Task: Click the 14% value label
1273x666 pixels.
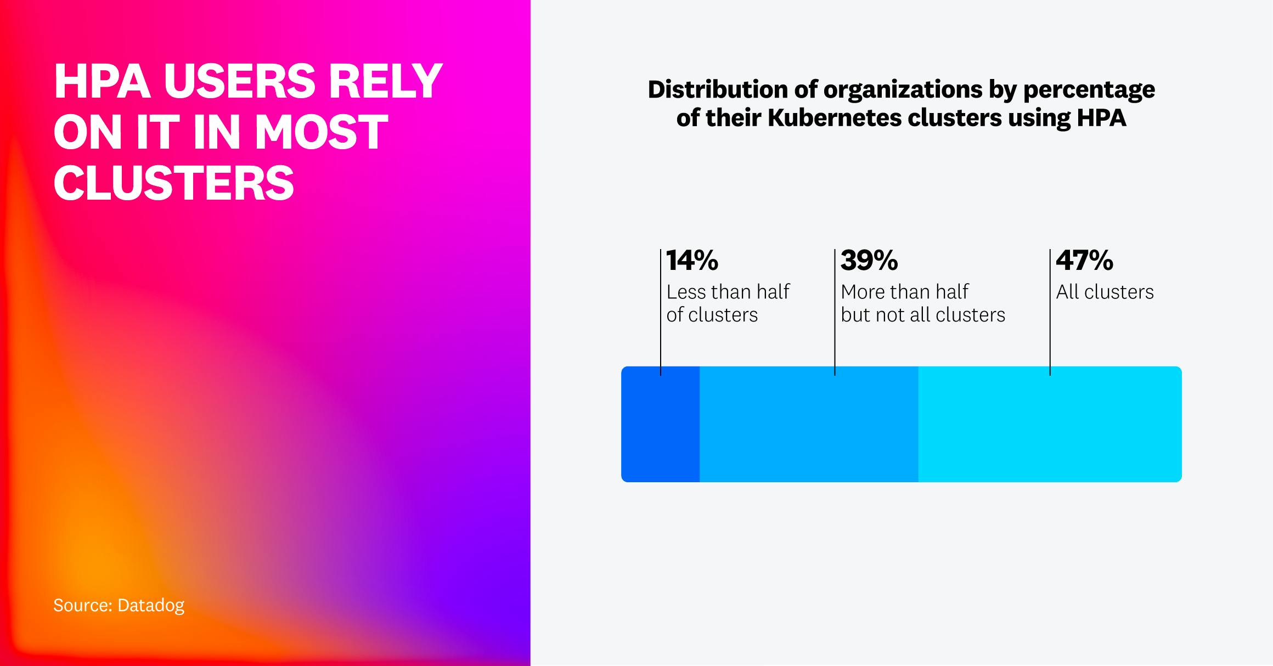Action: [x=692, y=261]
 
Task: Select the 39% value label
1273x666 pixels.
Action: [x=869, y=261]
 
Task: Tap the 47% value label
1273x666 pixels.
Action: [x=1084, y=261]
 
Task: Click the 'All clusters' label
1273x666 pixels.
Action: [x=1105, y=292]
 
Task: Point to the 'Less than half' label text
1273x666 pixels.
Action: [x=728, y=292]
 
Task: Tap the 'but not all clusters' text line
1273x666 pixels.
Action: [x=923, y=315]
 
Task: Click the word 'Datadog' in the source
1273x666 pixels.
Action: [x=151, y=605]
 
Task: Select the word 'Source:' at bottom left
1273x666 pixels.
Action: [x=82, y=605]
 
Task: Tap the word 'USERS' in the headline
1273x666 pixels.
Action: [x=239, y=81]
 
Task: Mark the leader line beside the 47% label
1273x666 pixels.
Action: [x=1050, y=313]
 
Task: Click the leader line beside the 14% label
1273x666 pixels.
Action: [x=661, y=313]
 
